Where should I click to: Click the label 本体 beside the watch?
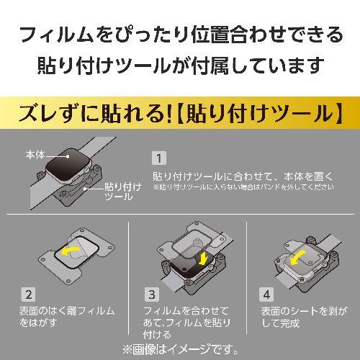35,155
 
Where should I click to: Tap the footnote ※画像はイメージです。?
180,351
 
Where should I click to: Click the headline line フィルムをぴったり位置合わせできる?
180,34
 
